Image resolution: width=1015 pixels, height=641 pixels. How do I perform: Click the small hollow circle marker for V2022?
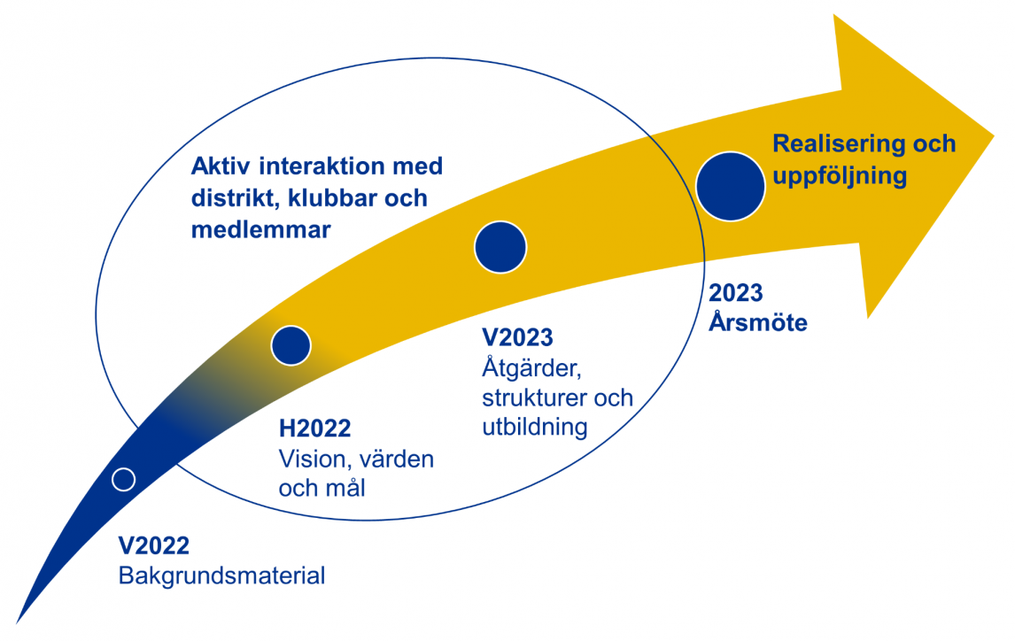[x=123, y=479]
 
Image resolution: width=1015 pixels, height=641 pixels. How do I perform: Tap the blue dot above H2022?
[x=291, y=345]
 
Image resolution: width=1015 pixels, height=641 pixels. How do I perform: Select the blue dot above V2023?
[x=500, y=247]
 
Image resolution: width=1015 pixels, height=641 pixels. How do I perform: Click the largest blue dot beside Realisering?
[x=730, y=186]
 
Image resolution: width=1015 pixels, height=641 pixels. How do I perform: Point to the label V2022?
[x=154, y=546]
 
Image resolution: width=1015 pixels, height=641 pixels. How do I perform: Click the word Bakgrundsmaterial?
[x=222, y=575]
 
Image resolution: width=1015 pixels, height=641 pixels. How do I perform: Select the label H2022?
[x=314, y=429]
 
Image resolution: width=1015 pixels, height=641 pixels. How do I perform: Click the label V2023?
[x=518, y=337]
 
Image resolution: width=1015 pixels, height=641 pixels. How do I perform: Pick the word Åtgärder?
[x=531, y=367]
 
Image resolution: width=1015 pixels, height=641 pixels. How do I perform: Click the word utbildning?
[x=535, y=427]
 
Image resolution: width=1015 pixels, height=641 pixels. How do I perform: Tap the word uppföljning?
[x=840, y=176]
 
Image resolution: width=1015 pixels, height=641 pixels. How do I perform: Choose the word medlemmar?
[x=261, y=229]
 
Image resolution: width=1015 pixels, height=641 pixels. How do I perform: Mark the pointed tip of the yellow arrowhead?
[x=994, y=135]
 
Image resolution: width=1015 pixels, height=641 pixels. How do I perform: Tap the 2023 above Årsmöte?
[x=736, y=293]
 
